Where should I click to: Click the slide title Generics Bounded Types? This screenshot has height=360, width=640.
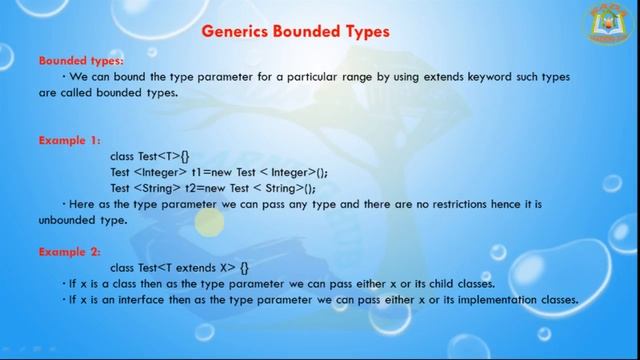(x=295, y=31)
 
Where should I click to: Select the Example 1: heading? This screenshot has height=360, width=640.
(x=70, y=140)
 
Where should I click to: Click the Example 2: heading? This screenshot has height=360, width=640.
(x=70, y=252)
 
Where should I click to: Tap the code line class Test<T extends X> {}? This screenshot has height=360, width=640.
(x=179, y=267)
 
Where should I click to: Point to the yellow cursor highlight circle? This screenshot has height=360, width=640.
(x=209, y=224)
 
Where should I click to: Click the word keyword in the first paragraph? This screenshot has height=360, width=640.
(x=456, y=76)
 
